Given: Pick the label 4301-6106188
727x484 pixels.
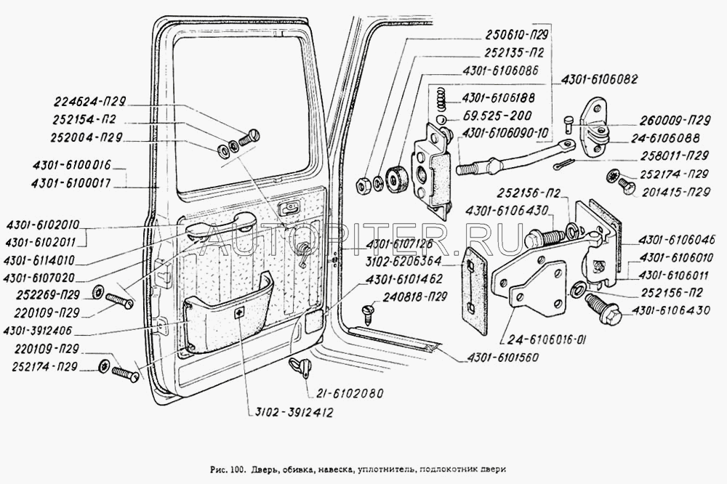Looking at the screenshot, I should [499, 98].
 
